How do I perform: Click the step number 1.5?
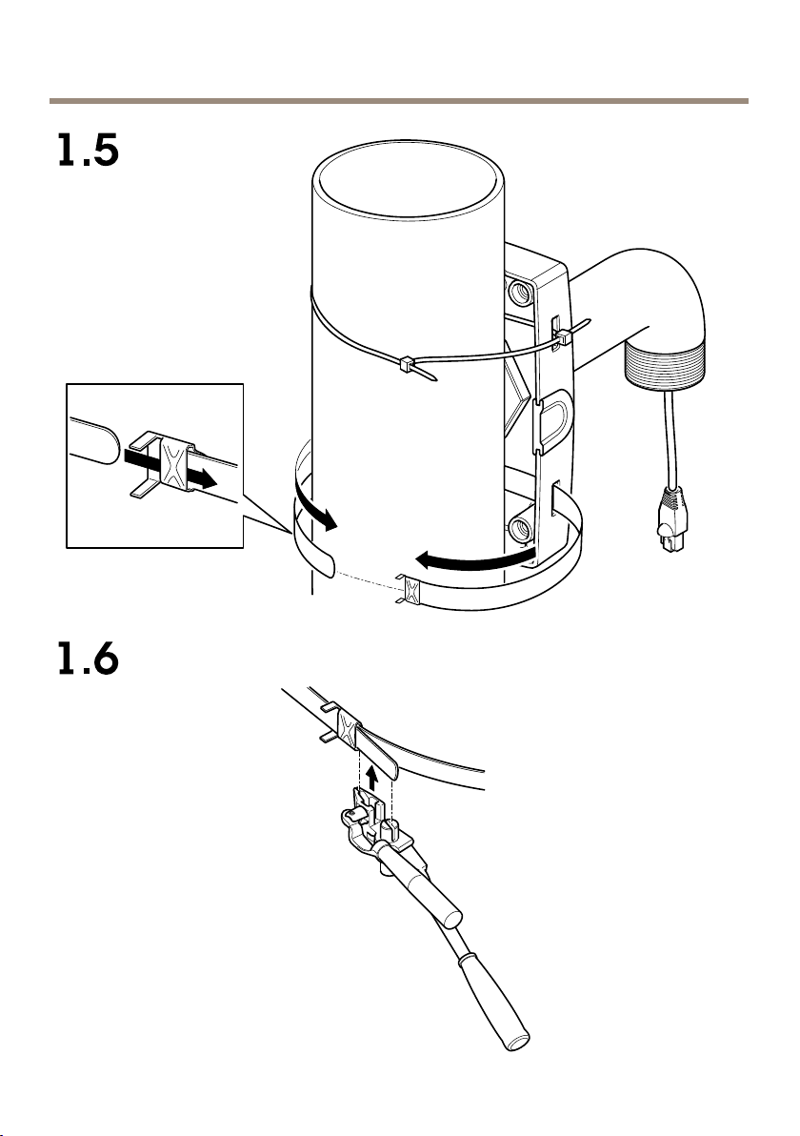[x=89, y=151]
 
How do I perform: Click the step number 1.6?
[x=89, y=659]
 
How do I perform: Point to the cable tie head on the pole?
[x=406, y=364]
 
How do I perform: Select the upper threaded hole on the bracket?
[x=521, y=293]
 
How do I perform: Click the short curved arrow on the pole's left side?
[x=315, y=512]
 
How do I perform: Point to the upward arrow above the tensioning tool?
[x=371, y=778]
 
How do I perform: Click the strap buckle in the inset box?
[x=173, y=465]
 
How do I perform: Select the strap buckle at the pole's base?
[x=410, y=589]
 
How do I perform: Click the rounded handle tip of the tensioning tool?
[x=517, y=1041]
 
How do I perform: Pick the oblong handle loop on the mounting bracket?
[x=552, y=421]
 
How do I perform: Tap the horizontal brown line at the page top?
[x=399, y=101]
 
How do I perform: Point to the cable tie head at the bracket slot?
[x=563, y=335]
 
